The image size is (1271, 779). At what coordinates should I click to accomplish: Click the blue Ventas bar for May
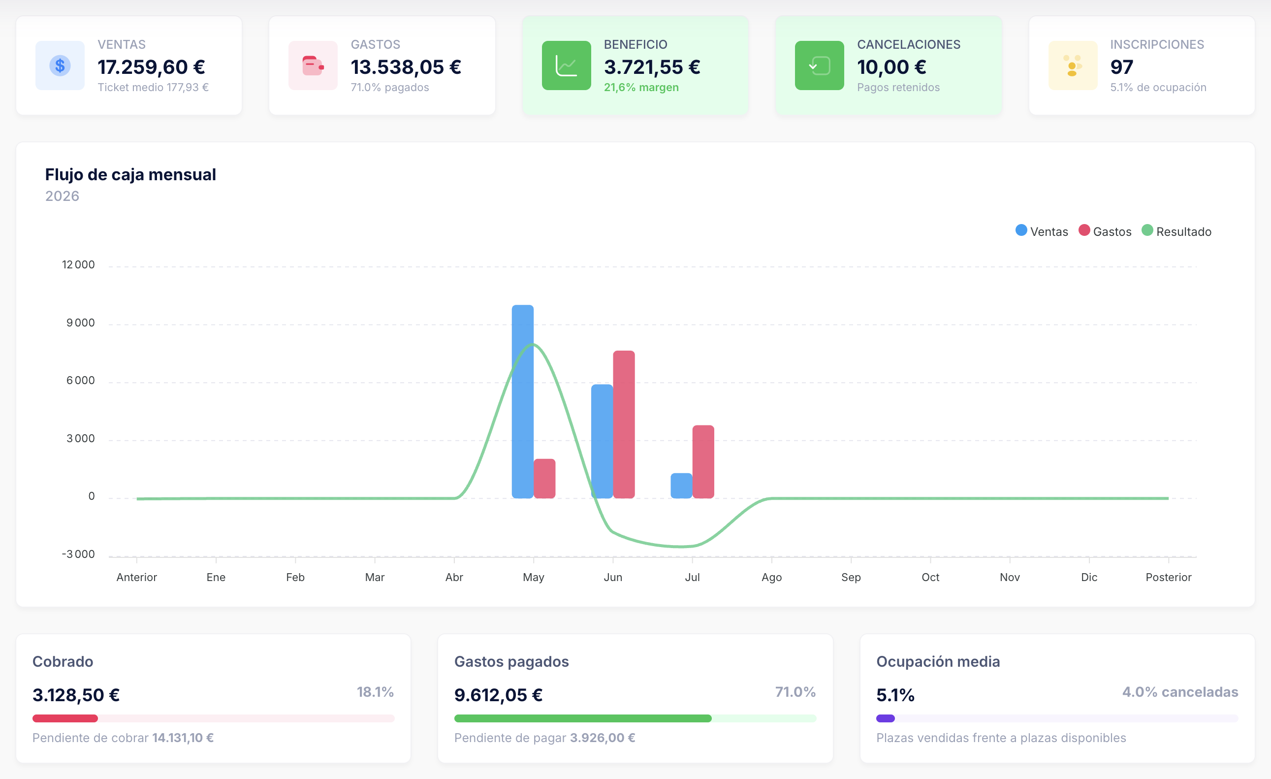point(523,401)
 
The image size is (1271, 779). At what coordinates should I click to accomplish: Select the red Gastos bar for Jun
point(624,424)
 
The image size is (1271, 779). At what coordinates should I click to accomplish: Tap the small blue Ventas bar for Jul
point(681,486)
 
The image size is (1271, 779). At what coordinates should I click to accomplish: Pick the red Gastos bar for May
point(544,479)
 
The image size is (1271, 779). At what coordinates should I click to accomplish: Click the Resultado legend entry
point(1176,231)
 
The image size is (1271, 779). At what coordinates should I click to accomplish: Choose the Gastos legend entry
point(1105,231)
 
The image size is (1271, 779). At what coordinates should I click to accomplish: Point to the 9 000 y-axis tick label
point(80,323)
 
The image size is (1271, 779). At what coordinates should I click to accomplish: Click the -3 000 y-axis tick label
point(78,554)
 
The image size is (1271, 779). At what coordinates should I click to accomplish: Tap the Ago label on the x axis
point(772,577)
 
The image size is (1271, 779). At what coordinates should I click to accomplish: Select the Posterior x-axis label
point(1168,577)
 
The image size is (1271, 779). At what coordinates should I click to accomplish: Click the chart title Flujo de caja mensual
point(130,175)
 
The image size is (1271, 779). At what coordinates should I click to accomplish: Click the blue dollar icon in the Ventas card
point(60,65)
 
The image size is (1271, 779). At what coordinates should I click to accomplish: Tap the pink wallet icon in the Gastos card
point(313,65)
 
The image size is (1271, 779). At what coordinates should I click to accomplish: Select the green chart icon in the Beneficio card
point(567,65)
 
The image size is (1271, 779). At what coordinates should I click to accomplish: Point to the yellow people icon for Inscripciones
point(1073,65)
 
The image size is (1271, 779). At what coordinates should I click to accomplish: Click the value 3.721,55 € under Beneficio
point(652,67)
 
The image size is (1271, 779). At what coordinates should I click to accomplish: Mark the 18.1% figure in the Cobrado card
point(375,692)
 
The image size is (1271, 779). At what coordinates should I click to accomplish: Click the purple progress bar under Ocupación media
point(885,718)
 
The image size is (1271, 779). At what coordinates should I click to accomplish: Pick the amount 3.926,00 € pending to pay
point(603,738)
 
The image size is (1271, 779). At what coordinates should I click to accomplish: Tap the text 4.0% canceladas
point(1180,692)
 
